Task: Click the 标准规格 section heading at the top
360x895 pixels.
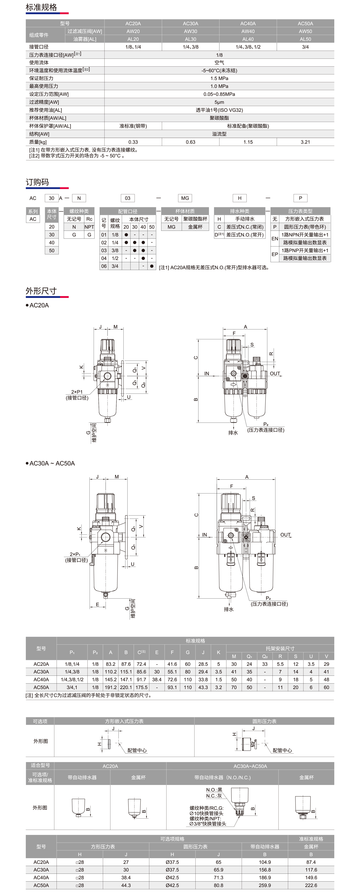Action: tap(41, 7)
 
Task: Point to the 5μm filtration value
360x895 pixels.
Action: tap(219, 102)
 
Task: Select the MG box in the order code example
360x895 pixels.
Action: tap(185, 198)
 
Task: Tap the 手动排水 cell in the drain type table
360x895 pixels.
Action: tap(245, 219)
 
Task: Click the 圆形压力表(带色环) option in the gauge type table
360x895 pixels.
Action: tap(305, 227)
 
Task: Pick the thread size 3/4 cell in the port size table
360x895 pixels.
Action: tap(115, 266)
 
